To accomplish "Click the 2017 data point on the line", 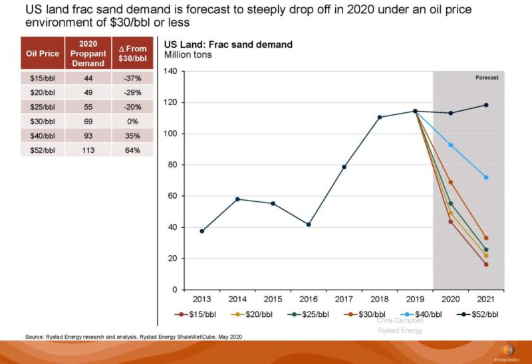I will click(344, 167).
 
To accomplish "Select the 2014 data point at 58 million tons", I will click(237, 199).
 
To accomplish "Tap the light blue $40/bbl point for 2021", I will click(486, 177).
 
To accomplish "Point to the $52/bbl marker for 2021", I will click(486, 105).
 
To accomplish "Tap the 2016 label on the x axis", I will click(309, 299).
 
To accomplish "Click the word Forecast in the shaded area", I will click(487, 78).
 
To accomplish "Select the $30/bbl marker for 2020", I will click(451, 182).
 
